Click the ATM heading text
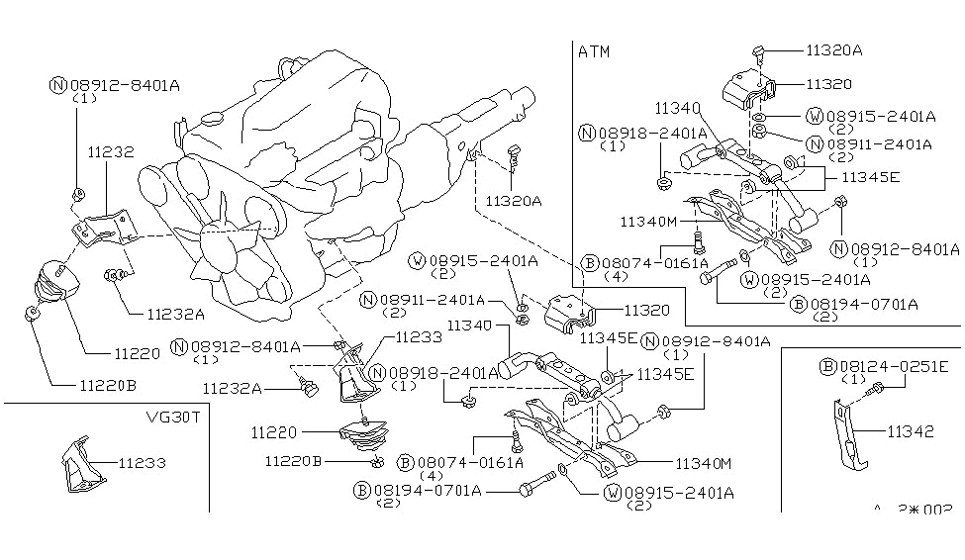click(596, 51)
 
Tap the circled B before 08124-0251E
click(826, 366)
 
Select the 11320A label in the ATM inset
click(834, 47)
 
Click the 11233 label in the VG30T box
click(142, 462)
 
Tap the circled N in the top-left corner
click(57, 85)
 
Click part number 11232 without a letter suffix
click(111, 152)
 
